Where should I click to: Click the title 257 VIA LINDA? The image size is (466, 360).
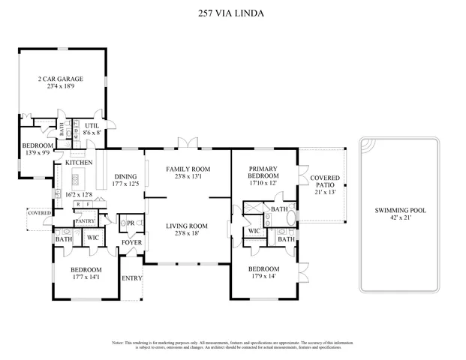[x=233, y=13]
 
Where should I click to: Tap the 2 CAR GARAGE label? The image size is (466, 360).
[x=61, y=79]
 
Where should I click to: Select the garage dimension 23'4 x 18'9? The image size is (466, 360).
[x=61, y=86]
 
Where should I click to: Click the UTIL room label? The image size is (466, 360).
[x=92, y=126]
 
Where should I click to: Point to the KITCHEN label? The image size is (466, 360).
[x=79, y=163]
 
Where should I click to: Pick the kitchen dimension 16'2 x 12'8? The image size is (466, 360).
[x=79, y=194]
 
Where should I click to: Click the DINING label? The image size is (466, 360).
[x=125, y=176]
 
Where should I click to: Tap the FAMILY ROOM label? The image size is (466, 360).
[x=187, y=169]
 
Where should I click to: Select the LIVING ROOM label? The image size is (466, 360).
[x=187, y=226]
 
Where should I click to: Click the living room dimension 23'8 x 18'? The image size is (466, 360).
[x=187, y=233]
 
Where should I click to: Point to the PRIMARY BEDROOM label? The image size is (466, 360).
[x=263, y=172]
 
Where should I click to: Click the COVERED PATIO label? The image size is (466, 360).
[x=325, y=181]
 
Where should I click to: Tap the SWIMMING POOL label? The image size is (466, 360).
[x=400, y=211]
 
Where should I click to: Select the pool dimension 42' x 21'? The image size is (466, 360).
[x=400, y=218]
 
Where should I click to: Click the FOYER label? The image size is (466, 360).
[x=131, y=242]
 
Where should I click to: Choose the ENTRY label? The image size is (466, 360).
[x=132, y=278]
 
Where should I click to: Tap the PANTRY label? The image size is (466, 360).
[x=85, y=221]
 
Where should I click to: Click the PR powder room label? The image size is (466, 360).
[x=131, y=223]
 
